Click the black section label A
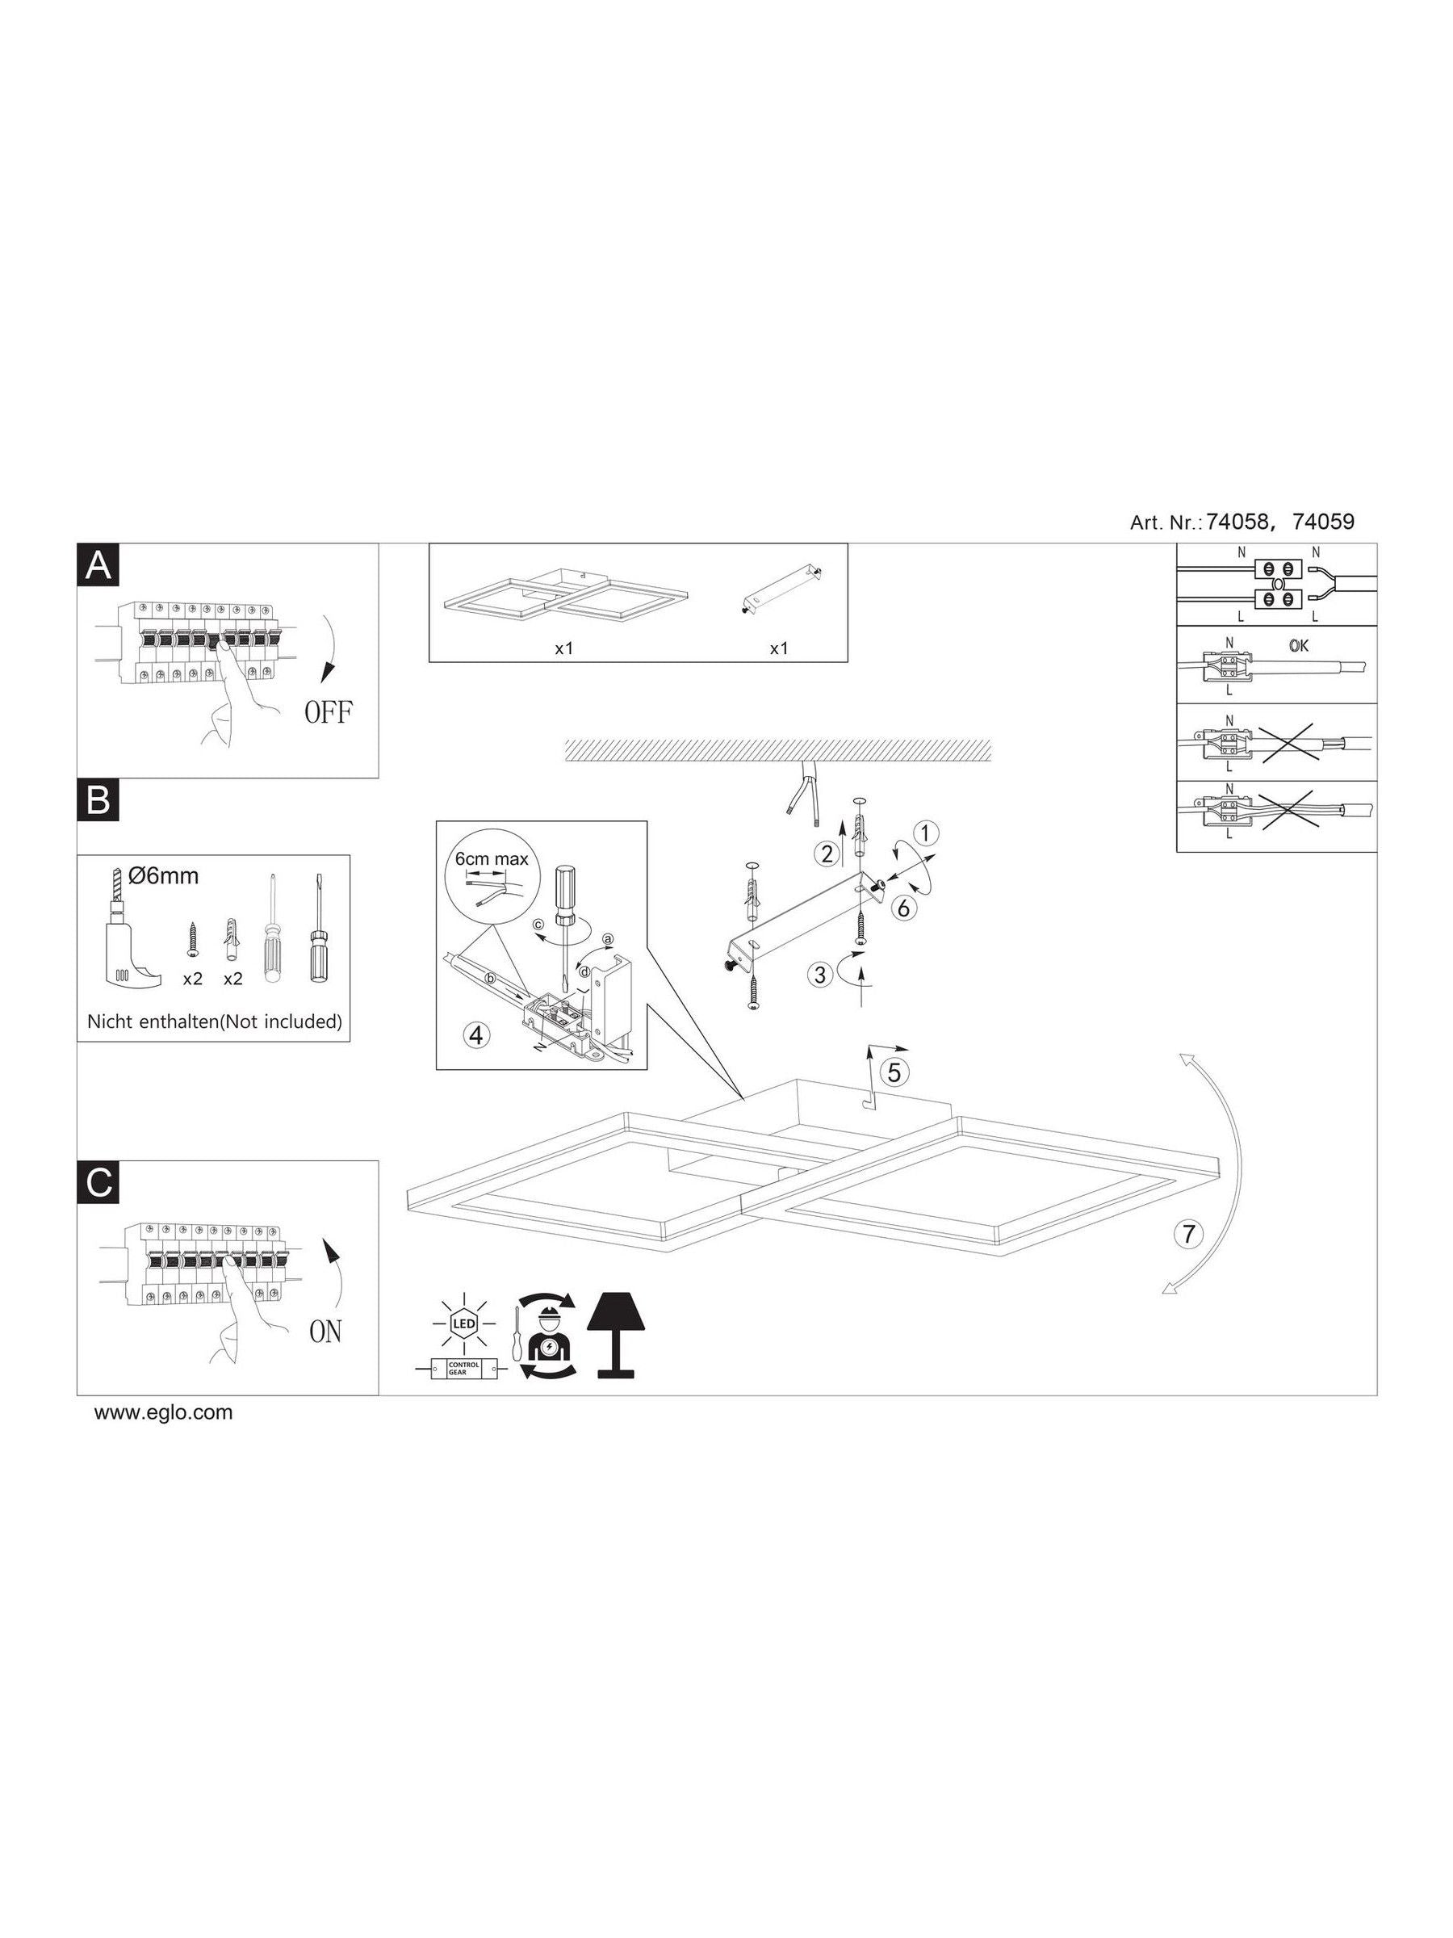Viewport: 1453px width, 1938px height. coord(99,566)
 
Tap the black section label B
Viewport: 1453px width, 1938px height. coord(99,802)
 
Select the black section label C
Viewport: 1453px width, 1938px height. coord(99,1183)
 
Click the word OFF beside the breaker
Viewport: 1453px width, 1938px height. coord(329,712)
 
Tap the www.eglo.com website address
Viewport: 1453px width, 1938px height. coord(164,1412)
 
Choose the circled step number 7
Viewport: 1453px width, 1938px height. coord(1187,1235)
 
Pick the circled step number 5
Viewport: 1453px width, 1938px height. coord(894,1071)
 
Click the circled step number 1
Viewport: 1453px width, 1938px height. coord(927,832)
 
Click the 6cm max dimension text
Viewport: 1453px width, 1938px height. coord(492,858)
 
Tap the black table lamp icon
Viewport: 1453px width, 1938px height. coord(616,1337)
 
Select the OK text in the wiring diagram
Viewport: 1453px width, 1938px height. coord(1299,646)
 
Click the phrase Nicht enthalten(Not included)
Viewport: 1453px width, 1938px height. coord(215,1021)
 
